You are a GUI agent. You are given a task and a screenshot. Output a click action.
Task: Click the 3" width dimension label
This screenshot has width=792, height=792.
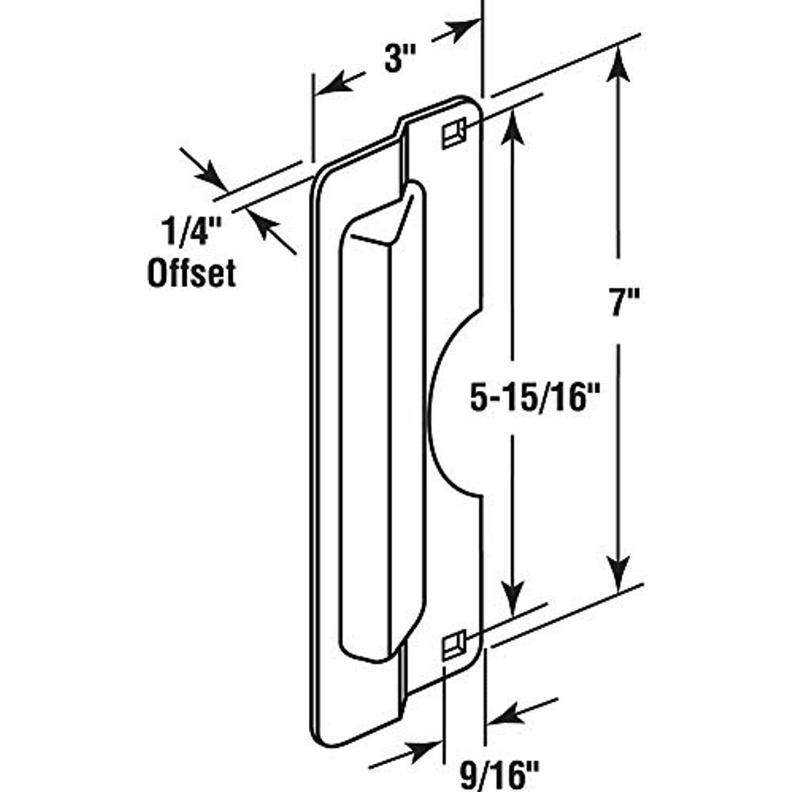point(393,60)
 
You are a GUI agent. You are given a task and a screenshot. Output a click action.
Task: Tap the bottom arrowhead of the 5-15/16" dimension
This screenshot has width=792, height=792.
point(512,599)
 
